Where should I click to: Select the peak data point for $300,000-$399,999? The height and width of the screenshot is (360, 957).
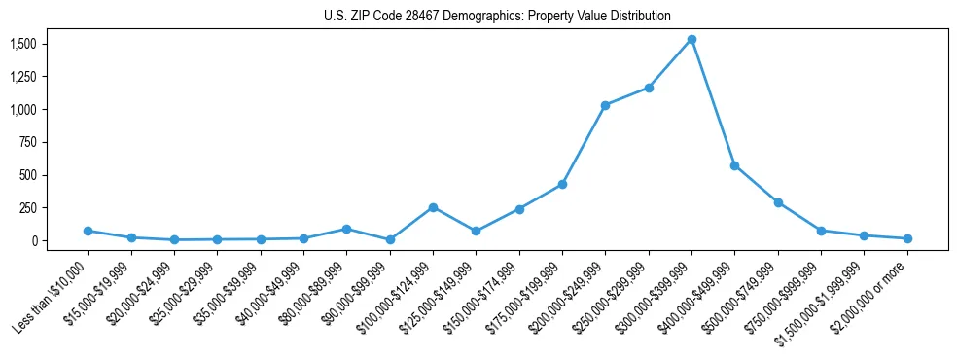click(x=691, y=40)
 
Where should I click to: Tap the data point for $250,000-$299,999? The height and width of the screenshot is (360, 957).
click(x=648, y=88)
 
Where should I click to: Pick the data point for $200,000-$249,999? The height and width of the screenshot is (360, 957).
click(x=605, y=105)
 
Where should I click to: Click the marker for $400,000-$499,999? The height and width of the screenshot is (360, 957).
click(x=734, y=165)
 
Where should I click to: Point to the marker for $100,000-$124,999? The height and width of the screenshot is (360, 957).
click(x=433, y=207)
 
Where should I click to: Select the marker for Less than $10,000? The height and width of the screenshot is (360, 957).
click(x=88, y=231)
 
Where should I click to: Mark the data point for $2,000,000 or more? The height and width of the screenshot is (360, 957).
click(x=906, y=238)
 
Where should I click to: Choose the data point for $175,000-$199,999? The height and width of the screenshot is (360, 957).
click(x=562, y=185)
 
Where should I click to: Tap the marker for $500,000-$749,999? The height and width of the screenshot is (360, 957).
click(x=778, y=202)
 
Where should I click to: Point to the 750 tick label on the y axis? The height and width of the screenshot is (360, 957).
click(x=27, y=142)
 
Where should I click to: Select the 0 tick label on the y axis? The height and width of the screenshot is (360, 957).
click(x=33, y=240)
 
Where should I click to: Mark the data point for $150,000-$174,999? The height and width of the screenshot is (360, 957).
click(x=519, y=209)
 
